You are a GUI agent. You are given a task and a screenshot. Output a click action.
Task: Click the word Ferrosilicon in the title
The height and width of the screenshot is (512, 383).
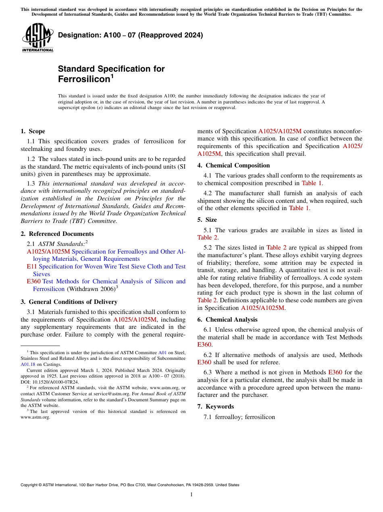[x=84, y=79]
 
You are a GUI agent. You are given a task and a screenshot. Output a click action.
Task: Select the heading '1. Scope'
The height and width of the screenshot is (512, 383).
[x=33, y=131]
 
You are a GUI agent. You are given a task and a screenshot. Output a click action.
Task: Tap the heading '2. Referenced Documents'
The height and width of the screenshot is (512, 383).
[x=57, y=234]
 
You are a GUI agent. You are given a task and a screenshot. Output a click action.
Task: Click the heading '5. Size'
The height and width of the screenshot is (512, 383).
[x=207, y=220]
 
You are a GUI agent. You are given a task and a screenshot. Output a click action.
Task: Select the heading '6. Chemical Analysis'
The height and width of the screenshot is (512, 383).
[x=227, y=320]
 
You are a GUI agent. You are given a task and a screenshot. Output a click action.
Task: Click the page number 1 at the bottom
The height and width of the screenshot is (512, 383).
[x=191, y=495]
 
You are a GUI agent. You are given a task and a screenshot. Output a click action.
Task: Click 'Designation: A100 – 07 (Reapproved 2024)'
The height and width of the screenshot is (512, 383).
[x=130, y=35]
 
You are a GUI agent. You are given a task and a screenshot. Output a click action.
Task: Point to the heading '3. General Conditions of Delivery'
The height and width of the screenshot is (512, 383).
[x=69, y=302]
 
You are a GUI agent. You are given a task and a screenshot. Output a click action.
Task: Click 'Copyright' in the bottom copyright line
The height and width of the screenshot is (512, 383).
[x=30, y=485]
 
